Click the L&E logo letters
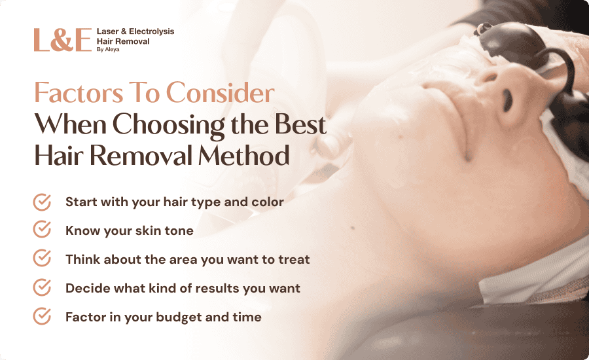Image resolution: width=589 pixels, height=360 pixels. pos(63,40)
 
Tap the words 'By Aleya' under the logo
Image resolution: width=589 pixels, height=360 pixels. pos(108,50)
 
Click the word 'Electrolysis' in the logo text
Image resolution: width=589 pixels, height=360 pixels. pos(151,31)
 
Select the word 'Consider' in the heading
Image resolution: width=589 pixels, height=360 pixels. pos(220,92)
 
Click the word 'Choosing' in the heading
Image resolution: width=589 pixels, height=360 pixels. pos(169,126)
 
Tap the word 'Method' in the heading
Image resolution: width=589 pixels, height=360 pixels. pos(244,155)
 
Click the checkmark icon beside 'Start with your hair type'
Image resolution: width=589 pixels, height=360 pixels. pos(42,202)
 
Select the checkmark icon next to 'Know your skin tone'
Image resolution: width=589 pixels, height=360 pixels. pos(42,229)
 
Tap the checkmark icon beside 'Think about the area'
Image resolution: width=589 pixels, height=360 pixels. pos(42,258)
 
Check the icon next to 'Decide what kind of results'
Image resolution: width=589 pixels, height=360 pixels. pos(42,287)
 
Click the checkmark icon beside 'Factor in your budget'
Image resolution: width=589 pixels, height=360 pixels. pos(42,315)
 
